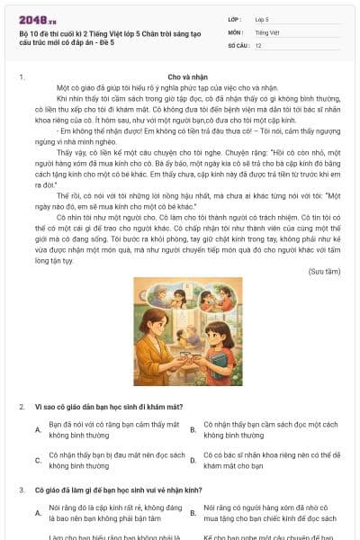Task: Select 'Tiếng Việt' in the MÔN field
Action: pos(265,31)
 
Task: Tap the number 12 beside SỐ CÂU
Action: pos(258,44)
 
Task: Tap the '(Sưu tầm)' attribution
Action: pos(324,270)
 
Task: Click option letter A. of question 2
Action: pos(38,429)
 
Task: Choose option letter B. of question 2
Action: pos(193,429)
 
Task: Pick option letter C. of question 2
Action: pos(38,461)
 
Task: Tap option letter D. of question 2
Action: pos(193,461)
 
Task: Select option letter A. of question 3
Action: pos(38,513)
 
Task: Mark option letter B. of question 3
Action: pos(193,513)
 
